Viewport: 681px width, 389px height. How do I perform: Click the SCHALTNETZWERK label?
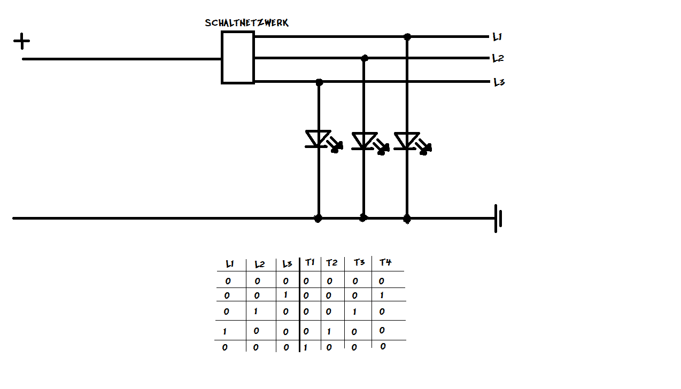point(247,23)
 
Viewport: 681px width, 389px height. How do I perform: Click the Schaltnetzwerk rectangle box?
point(238,57)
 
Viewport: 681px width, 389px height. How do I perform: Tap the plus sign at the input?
point(21,41)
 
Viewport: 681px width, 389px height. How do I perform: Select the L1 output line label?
point(497,37)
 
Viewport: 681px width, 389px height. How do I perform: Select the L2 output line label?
point(498,58)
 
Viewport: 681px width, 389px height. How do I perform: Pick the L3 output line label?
point(499,82)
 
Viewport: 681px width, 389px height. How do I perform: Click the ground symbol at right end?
point(498,218)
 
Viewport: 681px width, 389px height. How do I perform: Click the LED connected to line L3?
point(319,139)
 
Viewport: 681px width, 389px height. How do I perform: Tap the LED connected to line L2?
point(364,141)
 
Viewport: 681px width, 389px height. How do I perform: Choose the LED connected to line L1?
point(407,141)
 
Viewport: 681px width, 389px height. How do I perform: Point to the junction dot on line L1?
point(407,37)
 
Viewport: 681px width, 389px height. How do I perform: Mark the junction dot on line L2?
point(365,58)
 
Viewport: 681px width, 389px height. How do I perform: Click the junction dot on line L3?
point(319,82)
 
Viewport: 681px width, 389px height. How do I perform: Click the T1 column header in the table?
point(310,262)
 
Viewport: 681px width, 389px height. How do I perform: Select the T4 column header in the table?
point(385,262)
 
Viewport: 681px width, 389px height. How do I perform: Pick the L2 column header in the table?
point(260,264)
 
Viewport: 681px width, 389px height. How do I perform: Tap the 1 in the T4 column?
point(382,295)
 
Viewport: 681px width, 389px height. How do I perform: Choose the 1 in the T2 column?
point(329,331)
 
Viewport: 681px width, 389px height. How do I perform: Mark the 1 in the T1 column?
point(305,347)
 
